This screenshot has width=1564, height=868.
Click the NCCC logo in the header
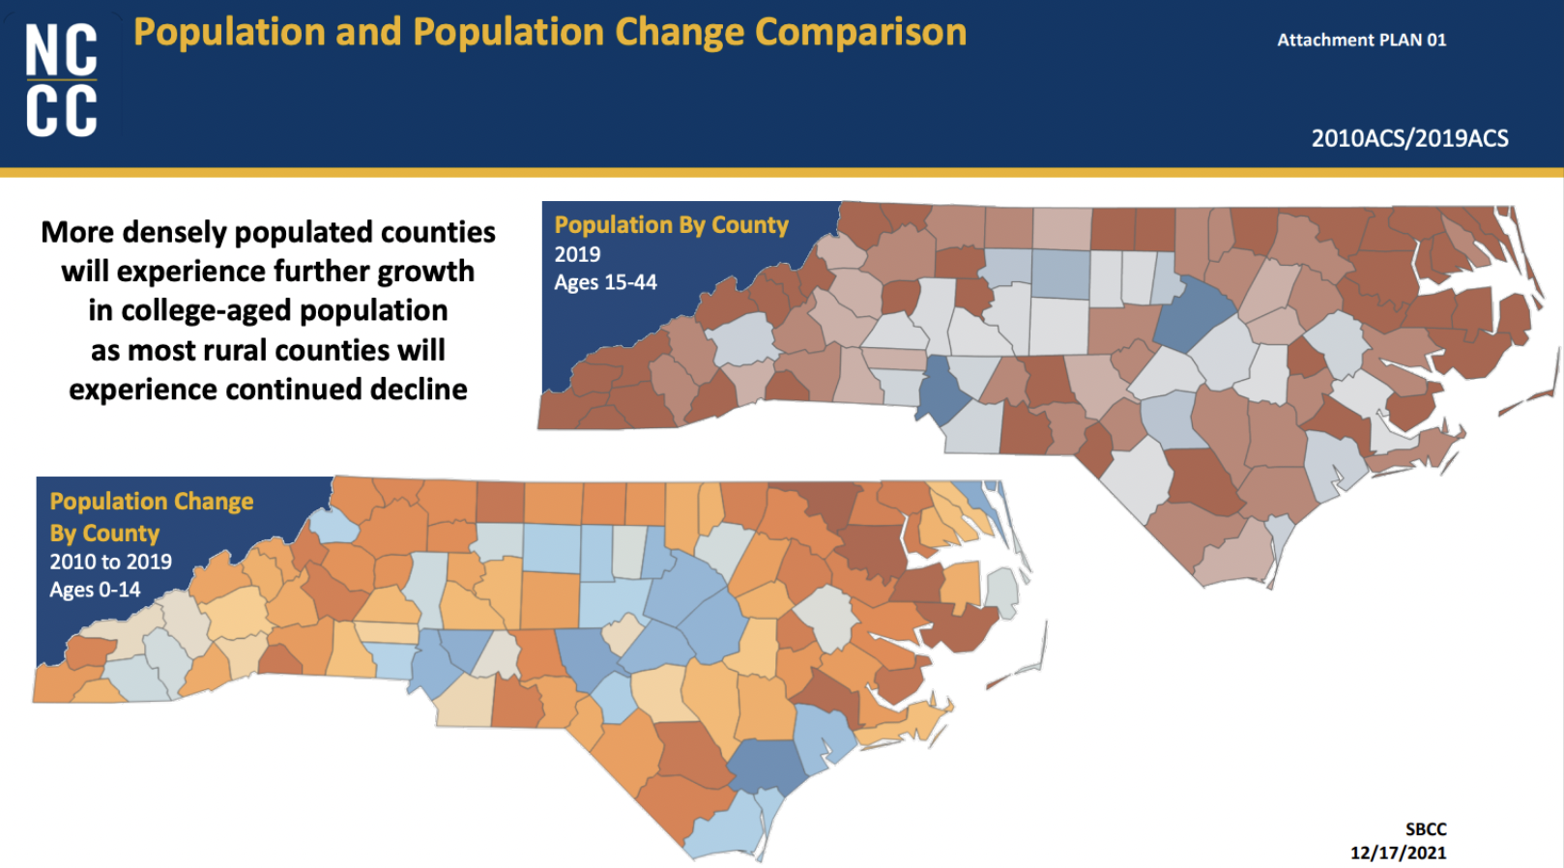(x=61, y=80)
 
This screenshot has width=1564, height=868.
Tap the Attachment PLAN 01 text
(x=1361, y=40)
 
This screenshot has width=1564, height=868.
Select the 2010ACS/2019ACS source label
(x=1408, y=138)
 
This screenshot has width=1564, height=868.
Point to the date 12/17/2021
(x=1398, y=853)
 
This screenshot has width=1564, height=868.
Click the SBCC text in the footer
(x=1425, y=829)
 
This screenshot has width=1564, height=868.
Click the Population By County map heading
(x=671, y=225)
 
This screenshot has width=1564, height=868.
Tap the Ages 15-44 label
(x=605, y=282)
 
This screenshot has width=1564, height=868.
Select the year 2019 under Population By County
(x=577, y=254)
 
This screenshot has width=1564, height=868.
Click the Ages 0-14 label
(x=95, y=590)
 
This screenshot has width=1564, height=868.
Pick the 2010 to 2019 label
(x=110, y=562)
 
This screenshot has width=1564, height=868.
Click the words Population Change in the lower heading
(x=152, y=502)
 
